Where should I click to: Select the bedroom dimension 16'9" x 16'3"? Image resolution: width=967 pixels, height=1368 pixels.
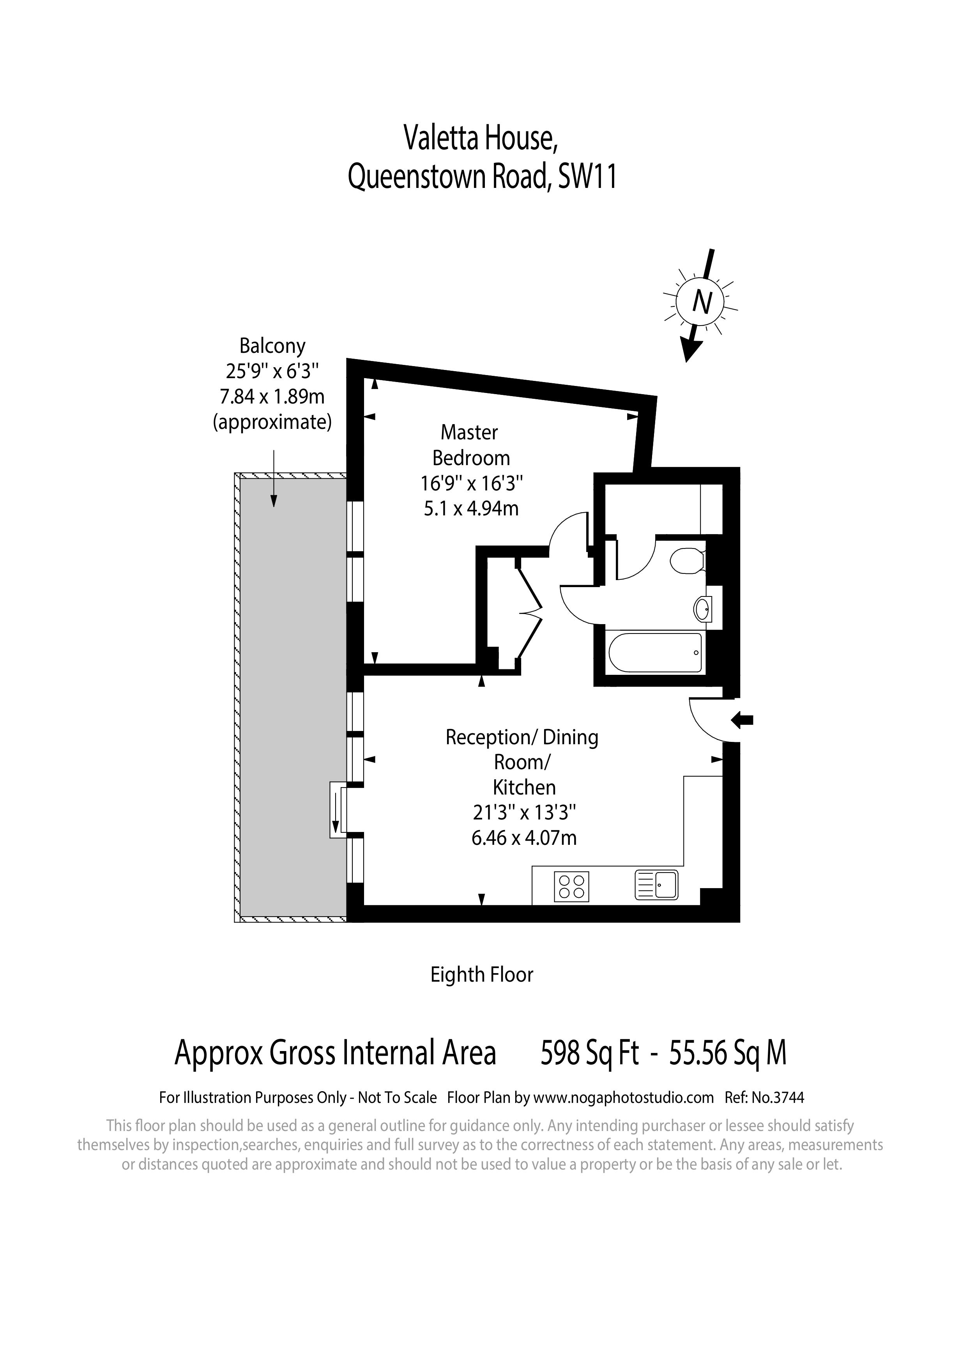coord(471,483)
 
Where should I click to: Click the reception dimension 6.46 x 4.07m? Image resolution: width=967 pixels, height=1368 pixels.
coord(524,838)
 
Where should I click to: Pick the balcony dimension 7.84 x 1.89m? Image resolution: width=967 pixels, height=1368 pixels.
coord(272,396)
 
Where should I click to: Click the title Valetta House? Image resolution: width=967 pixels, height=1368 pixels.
coord(481,138)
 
